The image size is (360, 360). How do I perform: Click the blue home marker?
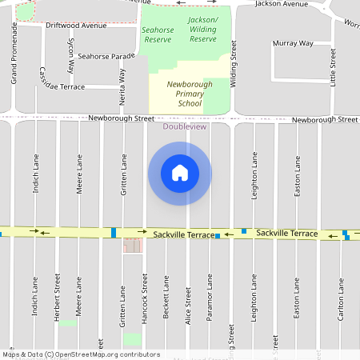tap(180, 173)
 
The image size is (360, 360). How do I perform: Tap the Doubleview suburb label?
tap(184, 126)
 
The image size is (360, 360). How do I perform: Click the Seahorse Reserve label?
tap(157, 34)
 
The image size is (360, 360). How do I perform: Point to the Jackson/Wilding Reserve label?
tap(203, 29)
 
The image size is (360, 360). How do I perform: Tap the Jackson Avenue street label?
tap(281, 4)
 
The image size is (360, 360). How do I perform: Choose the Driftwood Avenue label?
tap(76, 26)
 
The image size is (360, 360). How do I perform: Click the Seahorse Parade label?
tap(106, 57)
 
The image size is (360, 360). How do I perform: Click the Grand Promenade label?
tap(14, 53)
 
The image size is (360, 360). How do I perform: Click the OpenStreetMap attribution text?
tap(81, 354)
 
